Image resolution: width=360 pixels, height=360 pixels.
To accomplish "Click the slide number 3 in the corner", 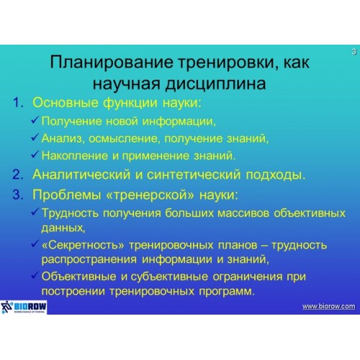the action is point(354,52).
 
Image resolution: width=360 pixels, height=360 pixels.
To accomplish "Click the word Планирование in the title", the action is point(112,63).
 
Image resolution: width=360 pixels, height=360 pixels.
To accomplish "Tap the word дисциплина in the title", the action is point(215,84).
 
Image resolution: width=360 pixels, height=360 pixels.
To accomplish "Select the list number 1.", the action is point(18,102).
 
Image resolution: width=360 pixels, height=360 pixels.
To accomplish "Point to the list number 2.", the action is point(18,174).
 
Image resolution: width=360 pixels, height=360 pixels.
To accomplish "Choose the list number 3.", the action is point(18,194).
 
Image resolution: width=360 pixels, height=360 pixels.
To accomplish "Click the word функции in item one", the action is point(130,103).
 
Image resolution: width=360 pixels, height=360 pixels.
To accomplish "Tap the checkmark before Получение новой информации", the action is point(35,120).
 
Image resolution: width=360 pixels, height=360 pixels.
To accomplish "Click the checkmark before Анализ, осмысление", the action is point(35,137).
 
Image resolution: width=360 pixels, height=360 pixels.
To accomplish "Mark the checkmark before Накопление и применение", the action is point(35,154).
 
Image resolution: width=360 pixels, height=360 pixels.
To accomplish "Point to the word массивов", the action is point(243,213).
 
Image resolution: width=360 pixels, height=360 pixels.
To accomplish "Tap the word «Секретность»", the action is point(83,245).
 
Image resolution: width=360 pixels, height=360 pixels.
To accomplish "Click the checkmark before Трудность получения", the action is point(35,212).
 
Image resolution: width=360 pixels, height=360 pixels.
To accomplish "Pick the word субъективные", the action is point(169,276).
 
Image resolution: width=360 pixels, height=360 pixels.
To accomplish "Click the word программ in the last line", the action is point(227,292).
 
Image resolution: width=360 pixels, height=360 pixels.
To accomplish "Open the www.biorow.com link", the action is point(328,306).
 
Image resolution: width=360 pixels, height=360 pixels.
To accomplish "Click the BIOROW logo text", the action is point(30,306).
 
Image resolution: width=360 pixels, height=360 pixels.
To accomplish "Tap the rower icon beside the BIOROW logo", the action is point(6,307).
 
